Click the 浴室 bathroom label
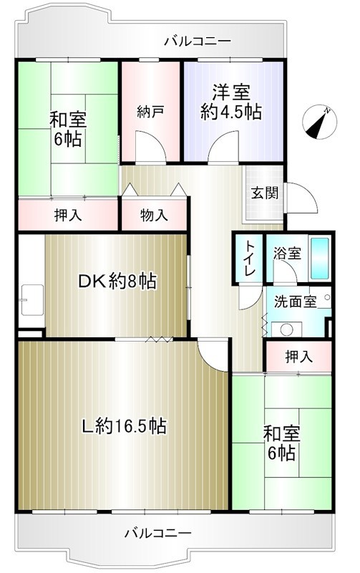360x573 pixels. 286,253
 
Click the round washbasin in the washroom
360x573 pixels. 287,329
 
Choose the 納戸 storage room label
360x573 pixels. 151,112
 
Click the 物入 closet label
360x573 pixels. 154,214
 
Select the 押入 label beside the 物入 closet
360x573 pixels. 68,214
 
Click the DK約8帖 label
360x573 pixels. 117,282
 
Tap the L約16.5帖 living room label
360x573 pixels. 123,426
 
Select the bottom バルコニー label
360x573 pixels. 157,533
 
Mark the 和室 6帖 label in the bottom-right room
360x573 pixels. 281,442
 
